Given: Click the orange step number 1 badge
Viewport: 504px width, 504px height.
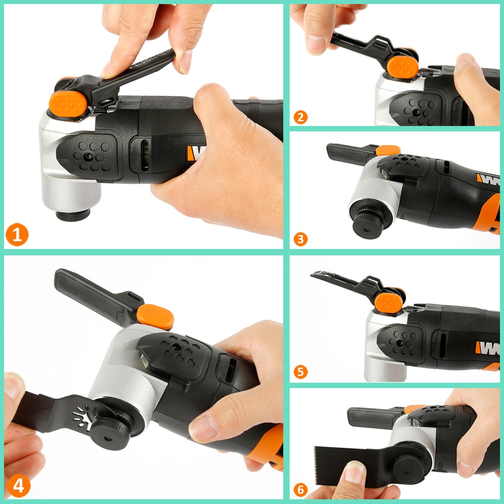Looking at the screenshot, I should (17, 235).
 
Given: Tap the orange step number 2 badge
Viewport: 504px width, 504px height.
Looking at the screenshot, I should (300, 117).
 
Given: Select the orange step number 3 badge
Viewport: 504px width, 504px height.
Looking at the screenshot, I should (300, 238).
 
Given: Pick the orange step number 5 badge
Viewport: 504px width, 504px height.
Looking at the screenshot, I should (300, 372).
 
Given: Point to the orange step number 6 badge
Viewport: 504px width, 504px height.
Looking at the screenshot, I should (300, 489).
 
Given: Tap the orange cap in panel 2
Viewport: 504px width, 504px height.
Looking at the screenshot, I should (403, 67).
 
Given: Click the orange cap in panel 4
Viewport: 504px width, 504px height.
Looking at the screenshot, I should (155, 317).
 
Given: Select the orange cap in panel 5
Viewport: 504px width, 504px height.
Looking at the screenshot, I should (389, 302).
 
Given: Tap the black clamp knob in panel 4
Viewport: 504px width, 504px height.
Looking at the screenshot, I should (110, 429).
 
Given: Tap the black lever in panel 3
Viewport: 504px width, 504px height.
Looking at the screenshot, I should (350, 153).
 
